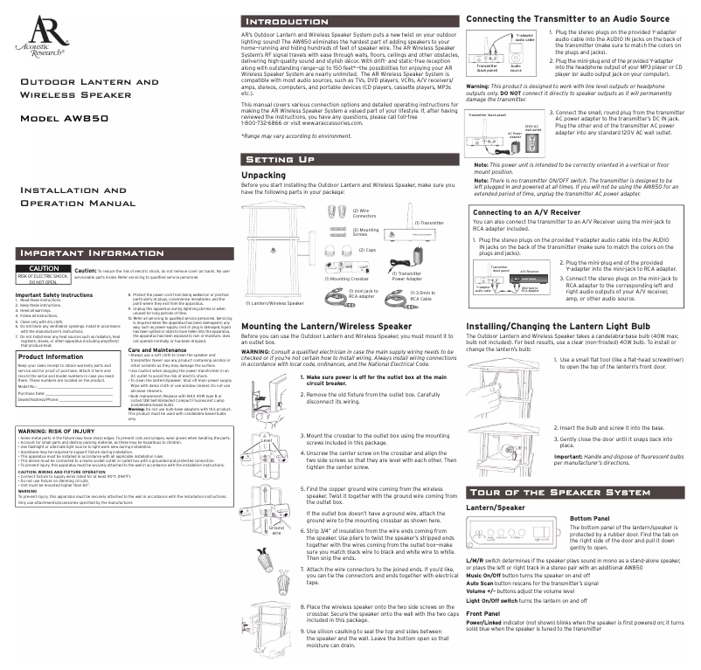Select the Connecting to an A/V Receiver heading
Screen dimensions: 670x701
click(526, 212)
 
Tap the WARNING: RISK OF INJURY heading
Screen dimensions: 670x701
click(56, 431)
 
